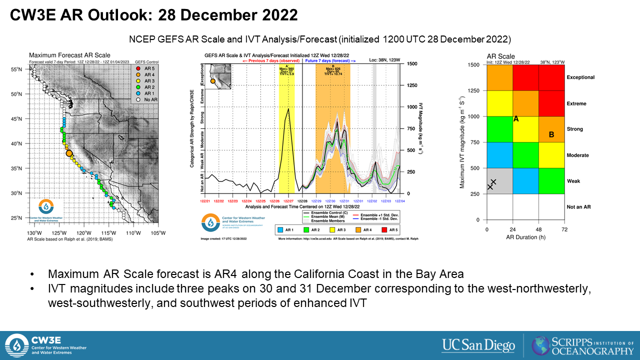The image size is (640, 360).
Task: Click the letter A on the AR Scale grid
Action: [516, 119]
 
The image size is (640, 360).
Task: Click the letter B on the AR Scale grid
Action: [551, 134]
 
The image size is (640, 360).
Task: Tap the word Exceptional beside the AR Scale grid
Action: [580, 77]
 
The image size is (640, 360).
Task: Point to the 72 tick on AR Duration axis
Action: [564, 229]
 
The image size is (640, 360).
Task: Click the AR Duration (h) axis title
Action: [525, 237]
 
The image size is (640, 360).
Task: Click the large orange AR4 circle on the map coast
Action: [69, 154]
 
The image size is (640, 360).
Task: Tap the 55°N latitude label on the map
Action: [17, 69]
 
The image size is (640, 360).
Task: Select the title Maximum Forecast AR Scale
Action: [69, 55]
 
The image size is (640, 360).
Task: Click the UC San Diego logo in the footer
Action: [478, 345]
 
